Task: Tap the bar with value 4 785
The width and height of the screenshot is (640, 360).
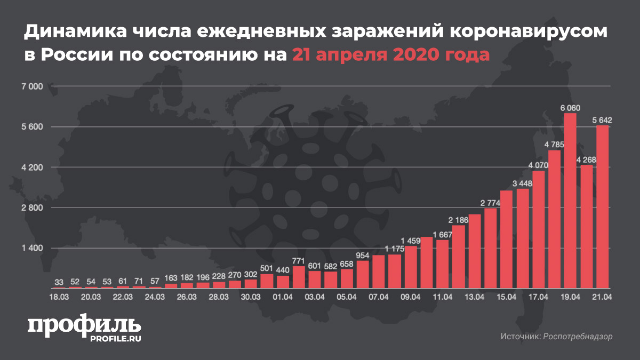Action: coord(555,219)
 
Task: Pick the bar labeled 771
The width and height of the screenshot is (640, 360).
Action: coord(299,277)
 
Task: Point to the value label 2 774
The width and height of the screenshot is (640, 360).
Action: coord(490,203)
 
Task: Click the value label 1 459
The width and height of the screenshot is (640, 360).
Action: coord(411,241)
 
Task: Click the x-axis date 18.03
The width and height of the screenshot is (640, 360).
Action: coord(59,297)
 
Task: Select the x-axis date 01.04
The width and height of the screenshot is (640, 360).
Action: coord(283,297)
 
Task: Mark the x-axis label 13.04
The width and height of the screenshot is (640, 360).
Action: coord(475,297)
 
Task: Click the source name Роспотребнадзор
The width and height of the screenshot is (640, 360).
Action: coord(578,337)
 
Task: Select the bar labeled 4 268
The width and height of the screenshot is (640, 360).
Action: coord(587,227)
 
